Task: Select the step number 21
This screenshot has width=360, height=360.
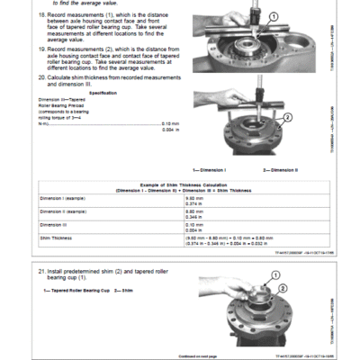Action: pyautogui.click(x=41, y=269)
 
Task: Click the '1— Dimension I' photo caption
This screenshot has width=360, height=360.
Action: pyautogui.click(x=210, y=170)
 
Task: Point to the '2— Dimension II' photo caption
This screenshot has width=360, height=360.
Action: pyautogui.click(x=279, y=170)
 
